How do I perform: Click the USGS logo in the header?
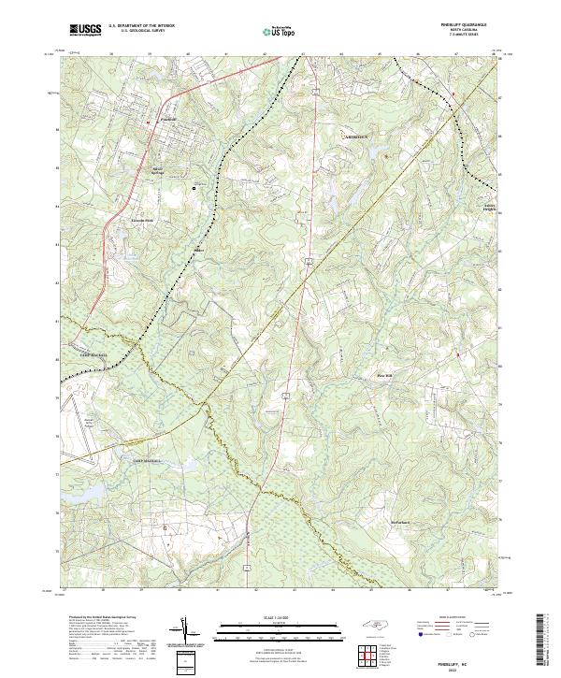pyautogui.click(x=84, y=30)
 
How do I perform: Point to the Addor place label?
pyautogui.click(x=198, y=250)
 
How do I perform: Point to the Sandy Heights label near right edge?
pyautogui.click(x=489, y=208)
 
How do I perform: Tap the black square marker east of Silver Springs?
pyautogui.click(x=194, y=188)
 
